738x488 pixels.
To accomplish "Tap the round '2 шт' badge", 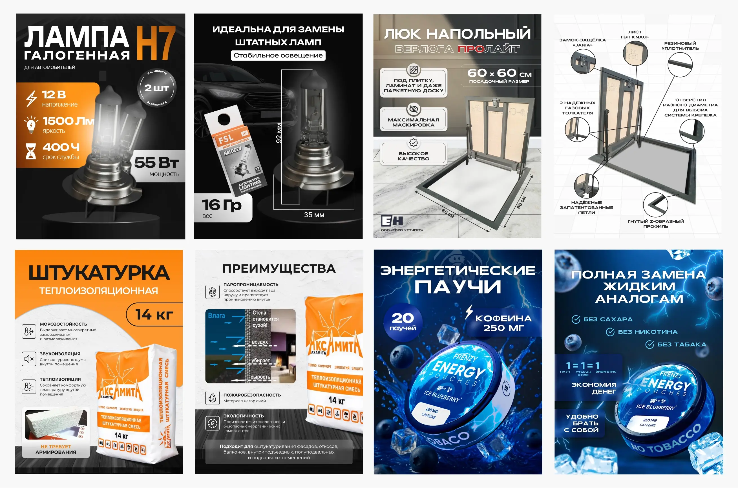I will [156, 88].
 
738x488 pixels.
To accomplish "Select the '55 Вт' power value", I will [156, 163].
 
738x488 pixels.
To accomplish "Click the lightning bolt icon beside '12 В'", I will [31, 98].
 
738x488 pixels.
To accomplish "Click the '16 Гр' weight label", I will [222, 205].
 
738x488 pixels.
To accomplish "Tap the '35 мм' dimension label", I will [314, 215].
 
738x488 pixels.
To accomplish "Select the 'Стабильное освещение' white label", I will [278, 56].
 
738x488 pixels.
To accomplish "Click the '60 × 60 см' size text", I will [499, 74].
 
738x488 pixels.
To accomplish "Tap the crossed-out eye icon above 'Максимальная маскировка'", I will [414, 109].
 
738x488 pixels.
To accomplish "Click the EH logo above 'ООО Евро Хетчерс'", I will [392, 221].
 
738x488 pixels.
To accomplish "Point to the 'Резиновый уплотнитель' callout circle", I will [680, 65].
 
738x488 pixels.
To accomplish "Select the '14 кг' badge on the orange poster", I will [154, 314].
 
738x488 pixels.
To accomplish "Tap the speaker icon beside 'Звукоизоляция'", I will [29, 359].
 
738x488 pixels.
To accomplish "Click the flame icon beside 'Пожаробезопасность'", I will [213, 398].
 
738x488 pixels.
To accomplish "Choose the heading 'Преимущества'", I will [279, 269].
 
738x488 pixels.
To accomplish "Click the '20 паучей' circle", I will [403, 322].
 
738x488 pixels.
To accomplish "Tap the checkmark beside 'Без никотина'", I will [610, 332].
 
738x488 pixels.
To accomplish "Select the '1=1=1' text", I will [582, 365].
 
